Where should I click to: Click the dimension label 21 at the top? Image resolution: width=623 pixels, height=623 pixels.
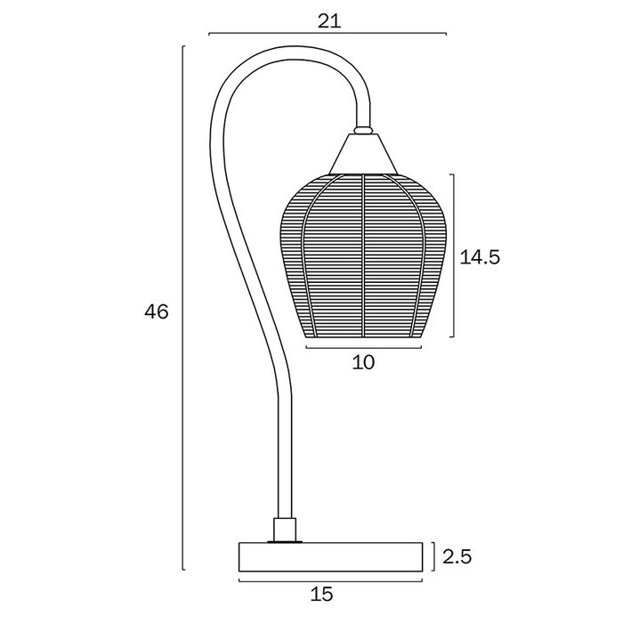(329, 21)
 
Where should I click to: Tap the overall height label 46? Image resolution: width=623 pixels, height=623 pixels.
(157, 311)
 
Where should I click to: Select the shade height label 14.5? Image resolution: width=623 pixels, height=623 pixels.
(480, 257)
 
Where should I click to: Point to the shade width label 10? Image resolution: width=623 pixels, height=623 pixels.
(363, 362)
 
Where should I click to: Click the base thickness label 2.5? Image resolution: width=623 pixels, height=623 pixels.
(457, 556)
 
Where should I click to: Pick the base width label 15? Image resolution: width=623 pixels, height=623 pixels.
(322, 595)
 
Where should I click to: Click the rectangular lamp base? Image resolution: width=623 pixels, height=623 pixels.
(330, 557)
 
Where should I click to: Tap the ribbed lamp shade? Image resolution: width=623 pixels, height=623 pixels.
(363, 256)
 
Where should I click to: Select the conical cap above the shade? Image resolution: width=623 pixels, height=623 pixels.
(363, 154)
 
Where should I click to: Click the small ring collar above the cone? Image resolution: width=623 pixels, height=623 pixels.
(363, 130)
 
